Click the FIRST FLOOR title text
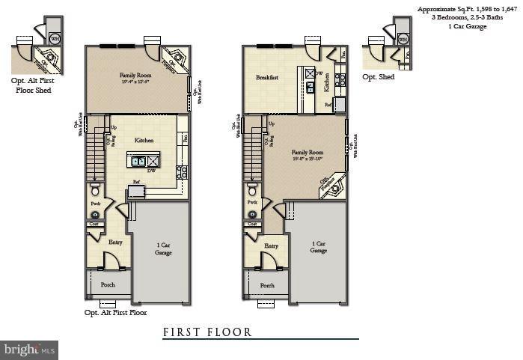click(207, 332)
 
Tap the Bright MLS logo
click(29, 350)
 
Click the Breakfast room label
click(267, 77)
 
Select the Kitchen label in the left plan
click(144, 140)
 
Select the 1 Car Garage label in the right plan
click(318, 247)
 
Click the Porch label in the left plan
click(108, 284)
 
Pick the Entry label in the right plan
click(271, 245)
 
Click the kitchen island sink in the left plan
click(139, 160)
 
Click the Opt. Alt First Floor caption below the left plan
click(115, 313)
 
